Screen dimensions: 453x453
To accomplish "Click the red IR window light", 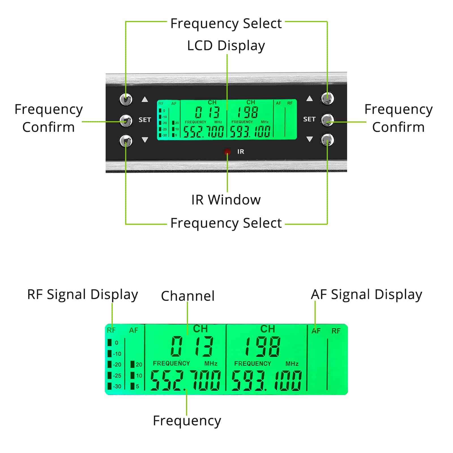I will (x=227, y=152).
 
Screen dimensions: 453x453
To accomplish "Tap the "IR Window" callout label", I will (x=226, y=200).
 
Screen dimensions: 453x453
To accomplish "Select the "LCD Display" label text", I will (x=226, y=46).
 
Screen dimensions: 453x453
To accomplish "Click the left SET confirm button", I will (x=126, y=120).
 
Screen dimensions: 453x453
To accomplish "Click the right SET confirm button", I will (x=328, y=120).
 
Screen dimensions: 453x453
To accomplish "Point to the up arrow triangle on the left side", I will (x=145, y=99).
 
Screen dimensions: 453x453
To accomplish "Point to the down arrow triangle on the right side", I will (x=309, y=139).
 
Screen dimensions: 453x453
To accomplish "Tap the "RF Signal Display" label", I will (x=82, y=295).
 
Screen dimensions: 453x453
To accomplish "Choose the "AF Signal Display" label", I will (x=366, y=295).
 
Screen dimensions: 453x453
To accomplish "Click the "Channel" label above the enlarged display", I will (x=188, y=296).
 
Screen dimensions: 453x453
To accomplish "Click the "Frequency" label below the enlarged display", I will (x=187, y=421).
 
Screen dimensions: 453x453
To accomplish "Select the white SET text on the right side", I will (x=309, y=119).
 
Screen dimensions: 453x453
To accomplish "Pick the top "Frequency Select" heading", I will (x=226, y=23).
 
